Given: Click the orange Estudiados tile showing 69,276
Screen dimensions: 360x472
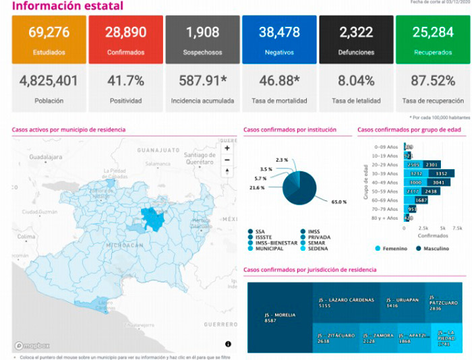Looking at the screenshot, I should click(48, 40).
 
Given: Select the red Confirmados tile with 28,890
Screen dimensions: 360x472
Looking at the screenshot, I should click(125, 40).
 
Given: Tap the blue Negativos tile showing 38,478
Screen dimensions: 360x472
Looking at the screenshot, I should click(279, 40).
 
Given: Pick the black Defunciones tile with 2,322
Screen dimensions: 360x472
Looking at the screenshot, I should click(356, 40).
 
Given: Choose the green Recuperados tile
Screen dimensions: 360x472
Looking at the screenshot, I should click(433, 40).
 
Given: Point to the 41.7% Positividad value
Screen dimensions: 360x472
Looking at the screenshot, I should click(125, 81).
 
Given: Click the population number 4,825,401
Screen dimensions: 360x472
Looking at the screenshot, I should click(48, 81).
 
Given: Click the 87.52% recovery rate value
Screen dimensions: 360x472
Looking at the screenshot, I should click(433, 81).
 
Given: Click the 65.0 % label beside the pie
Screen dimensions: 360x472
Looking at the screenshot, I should click(338, 202).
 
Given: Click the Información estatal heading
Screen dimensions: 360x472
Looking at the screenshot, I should click(67, 6).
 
